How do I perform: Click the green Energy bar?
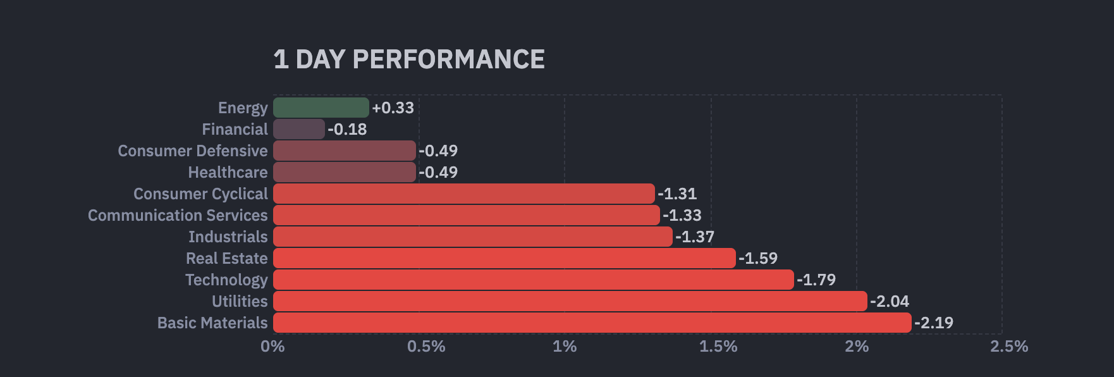[x=321, y=108]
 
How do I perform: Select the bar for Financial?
[x=298, y=129]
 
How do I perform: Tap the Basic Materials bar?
[x=592, y=323]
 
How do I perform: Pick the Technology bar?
[x=533, y=280]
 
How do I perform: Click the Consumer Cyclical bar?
[x=463, y=194]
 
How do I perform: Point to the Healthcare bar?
[x=345, y=172]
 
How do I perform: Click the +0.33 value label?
[x=393, y=108]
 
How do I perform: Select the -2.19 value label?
[x=934, y=323]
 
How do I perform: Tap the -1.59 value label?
[x=758, y=258]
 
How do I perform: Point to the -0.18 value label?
[x=347, y=129]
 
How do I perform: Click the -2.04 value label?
[x=890, y=301]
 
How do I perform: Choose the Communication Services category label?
[x=178, y=215]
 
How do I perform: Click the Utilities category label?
[x=240, y=301]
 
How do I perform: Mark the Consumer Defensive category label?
[x=193, y=151]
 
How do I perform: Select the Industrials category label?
[x=228, y=237]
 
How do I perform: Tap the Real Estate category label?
[x=227, y=258]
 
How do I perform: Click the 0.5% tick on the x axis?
[x=426, y=347]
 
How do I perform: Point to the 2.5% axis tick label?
[x=1009, y=347]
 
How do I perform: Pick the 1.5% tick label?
[x=718, y=347]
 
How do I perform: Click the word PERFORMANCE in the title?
[x=448, y=59]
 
